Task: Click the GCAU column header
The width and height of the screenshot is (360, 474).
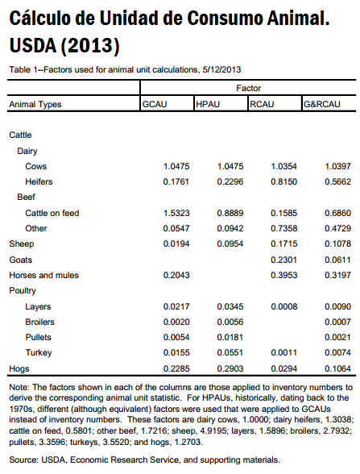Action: coord(155,104)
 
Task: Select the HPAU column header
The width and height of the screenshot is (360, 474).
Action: coord(208,104)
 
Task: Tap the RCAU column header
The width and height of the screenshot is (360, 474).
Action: coord(262,104)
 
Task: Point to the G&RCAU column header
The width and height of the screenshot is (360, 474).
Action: coord(321,104)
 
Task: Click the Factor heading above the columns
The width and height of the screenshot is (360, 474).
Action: coord(248,88)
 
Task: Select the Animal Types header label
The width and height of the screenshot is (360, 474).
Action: coord(35,104)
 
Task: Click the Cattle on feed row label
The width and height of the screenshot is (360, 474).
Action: coord(52,213)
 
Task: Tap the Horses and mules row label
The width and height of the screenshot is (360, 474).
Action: coord(43,275)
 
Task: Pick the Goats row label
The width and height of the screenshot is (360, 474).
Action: coord(21,260)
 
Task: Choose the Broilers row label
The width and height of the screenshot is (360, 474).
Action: coord(40,322)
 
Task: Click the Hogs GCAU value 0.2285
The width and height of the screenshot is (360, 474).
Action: coord(176,368)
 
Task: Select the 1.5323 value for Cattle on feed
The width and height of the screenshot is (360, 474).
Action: coord(176,213)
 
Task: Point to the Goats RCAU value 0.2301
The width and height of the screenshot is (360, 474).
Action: coord(283,260)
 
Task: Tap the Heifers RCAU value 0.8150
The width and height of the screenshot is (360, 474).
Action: coord(283,181)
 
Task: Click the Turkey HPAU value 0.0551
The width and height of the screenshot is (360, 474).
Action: coord(230,352)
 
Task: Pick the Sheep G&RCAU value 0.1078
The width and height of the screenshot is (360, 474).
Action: coord(337,243)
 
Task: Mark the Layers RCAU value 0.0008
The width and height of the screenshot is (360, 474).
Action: coord(283,306)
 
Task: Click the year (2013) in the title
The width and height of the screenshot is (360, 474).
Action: coord(90,45)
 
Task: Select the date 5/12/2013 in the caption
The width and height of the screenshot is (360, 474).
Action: coord(221,69)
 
